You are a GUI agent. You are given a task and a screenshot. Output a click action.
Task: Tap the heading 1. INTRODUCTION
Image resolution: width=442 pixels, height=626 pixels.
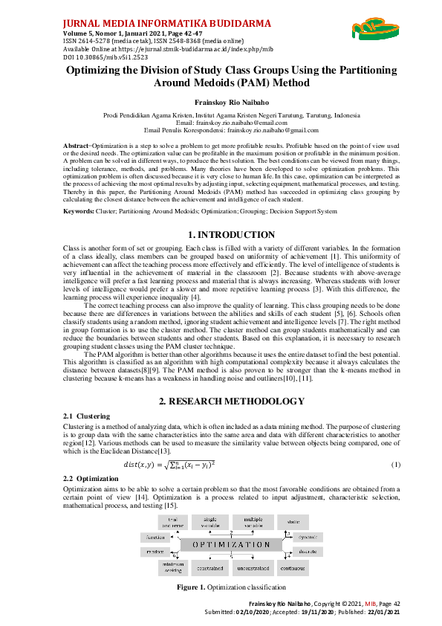[x=221, y=235]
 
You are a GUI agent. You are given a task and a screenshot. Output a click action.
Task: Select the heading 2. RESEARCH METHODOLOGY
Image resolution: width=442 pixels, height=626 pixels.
[x=221, y=401]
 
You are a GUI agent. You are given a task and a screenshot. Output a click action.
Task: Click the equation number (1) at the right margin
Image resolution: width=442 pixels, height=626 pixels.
[x=395, y=465]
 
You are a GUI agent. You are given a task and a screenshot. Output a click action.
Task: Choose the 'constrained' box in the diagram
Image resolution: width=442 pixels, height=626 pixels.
[x=210, y=568]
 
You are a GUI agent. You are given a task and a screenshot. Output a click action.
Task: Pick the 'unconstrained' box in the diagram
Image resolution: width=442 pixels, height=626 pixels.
[x=253, y=568]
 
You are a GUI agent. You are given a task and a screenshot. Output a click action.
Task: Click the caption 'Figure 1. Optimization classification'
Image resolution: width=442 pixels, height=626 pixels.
[x=221, y=587]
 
